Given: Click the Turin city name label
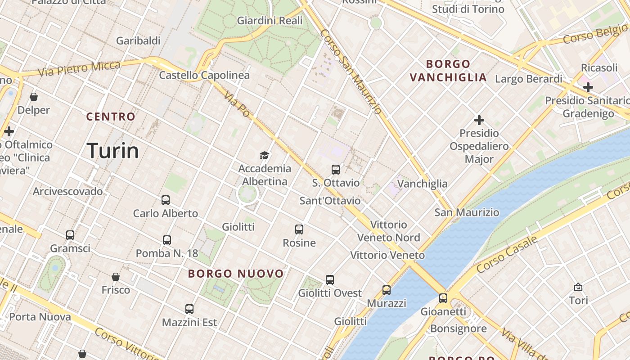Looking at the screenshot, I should click(x=112, y=150).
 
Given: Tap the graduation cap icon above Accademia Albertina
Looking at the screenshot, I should click(x=264, y=156).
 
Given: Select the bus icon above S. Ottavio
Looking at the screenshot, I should click(x=336, y=170).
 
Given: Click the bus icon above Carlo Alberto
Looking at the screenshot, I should click(x=166, y=200).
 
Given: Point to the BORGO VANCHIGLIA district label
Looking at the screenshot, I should click(x=448, y=71).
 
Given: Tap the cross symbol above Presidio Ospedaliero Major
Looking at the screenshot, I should click(x=479, y=120).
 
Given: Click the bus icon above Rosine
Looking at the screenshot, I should click(x=299, y=229).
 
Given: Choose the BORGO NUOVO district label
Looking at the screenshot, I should click(x=236, y=274).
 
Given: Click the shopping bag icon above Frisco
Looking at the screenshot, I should click(x=116, y=277).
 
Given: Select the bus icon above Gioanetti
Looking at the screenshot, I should click(x=443, y=298).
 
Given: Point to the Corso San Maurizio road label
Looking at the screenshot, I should click(x=351, y=71).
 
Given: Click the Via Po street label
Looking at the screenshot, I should click(x=237, y=105).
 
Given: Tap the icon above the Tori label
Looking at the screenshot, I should click(x=578, y=287).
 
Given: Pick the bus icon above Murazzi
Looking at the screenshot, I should click(x=387, y=290).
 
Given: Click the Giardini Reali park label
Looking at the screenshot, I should click(x=270, y=21).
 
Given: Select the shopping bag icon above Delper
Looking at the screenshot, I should click(x=34, y=97).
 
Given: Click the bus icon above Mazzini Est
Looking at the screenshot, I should click(x=189, y=309).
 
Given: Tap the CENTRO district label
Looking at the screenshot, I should click(x=111, y=117).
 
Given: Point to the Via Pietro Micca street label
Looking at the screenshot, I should click(x=79, y=69).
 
